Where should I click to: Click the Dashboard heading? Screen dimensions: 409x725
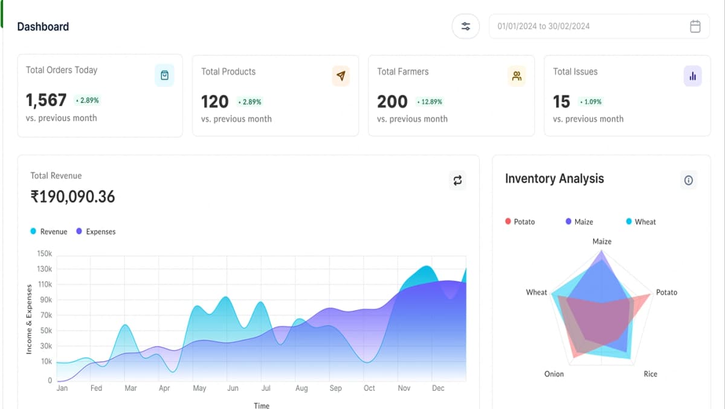coord(43,27)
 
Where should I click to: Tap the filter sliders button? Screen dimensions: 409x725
coord(466,27)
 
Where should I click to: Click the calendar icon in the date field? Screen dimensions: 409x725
coord(695,27)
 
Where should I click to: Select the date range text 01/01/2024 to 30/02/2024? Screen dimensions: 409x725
coord(543,27)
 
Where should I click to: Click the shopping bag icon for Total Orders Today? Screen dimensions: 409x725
coord(164,75)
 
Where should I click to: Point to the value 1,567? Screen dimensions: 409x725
coord(46,100)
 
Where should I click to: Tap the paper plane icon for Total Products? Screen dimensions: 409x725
coord(341,76)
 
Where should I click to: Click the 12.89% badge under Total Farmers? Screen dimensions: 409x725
coord(430,102)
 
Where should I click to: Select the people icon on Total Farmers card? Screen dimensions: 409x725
coord(517,76)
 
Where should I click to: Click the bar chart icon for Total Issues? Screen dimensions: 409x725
coord(692,76)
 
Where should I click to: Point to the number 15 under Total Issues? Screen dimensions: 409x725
coord(561,101)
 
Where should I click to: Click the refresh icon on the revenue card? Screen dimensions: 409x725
coord(457,180)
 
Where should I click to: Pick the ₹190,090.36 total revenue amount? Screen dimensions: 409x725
coord(72,197)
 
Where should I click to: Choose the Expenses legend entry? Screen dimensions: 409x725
coord(96,232)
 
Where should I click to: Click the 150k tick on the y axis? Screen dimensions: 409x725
coord(45,254)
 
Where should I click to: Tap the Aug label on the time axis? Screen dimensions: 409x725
coord(301,388)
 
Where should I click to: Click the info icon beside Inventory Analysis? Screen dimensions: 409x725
coord(688,180)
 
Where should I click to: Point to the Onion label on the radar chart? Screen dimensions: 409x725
coord(554,374)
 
